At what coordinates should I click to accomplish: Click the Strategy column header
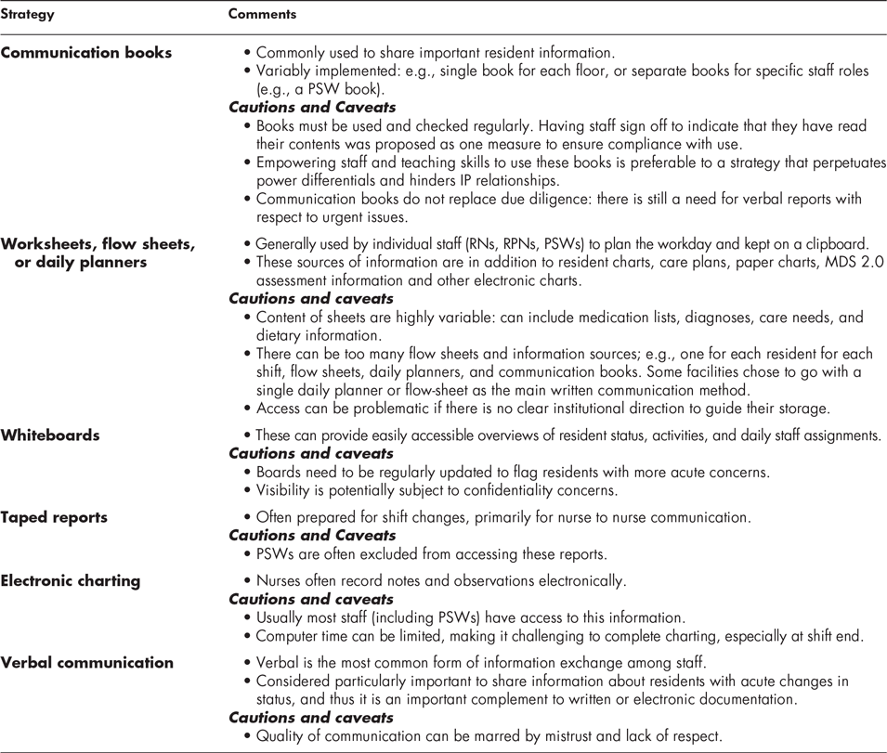pos(28,16)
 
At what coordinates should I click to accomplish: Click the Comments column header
pos(263,16)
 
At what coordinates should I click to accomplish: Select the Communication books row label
pos(86,53)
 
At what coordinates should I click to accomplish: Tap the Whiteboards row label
pos(50,435)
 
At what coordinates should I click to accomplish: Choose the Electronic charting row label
pos(71,580)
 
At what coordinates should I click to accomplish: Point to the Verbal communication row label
pos(87,662)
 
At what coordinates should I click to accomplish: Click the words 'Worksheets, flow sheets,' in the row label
pos(98,244)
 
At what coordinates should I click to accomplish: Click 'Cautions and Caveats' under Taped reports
pos(312,536)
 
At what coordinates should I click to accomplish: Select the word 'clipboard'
pos(834,244)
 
